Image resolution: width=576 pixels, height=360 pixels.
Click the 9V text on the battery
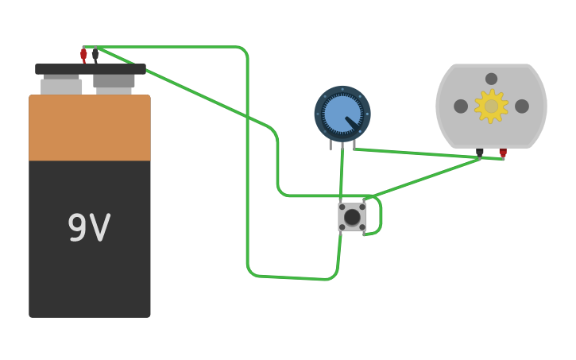click(89, 228)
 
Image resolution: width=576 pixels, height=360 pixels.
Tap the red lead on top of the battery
click(83, 55)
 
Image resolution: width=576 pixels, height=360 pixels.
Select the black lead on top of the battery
click(95, 55)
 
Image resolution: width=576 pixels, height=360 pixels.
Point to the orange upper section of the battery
click(89, 129)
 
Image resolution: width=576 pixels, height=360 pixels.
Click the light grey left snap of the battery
click(61, 86)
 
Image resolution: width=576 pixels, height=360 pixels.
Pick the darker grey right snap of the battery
click(114, 80)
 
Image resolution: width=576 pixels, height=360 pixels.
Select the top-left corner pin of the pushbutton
click(342, 207)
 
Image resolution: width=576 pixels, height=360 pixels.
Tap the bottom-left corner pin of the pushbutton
click(342, 227)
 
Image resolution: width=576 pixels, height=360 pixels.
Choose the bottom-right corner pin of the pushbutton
click(362, 227)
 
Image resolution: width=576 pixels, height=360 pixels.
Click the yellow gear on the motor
click(491, 106)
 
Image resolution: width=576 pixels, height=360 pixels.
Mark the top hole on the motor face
click(491, 79)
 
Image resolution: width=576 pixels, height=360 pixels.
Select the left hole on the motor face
click(461, 106)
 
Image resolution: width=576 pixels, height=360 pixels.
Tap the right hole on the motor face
click(522, 106)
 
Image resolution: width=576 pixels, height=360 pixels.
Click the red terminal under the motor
click(503, 152)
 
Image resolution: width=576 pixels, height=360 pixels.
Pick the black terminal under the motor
click(479, 152)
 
